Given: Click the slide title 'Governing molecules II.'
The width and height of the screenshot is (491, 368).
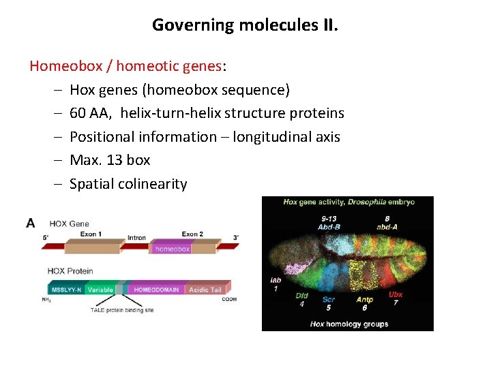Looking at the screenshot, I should (245, 25).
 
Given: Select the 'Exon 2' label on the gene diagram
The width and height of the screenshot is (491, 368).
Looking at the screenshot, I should (192, 234).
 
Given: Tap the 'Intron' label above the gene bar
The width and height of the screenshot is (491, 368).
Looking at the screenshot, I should (136, 238).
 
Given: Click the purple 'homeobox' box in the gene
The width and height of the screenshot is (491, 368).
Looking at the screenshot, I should (172, 249).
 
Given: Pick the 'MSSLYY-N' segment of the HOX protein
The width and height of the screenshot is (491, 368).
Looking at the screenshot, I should (66, 290).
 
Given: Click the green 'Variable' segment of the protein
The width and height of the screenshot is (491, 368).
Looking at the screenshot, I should (100, 290).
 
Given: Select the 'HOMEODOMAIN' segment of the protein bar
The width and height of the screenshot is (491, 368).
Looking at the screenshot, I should (156, 290).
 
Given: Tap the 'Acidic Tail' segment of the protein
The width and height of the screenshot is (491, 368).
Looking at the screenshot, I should (205, 290).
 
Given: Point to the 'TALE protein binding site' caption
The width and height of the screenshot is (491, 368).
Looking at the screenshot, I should (122, 310).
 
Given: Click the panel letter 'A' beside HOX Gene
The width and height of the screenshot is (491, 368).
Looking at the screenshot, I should (31, 223).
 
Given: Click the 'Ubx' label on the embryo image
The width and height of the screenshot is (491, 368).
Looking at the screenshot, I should (396, 294).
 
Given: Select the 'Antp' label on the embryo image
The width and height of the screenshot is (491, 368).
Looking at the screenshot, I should (364, 299).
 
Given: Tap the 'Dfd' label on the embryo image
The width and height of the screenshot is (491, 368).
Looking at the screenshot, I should (301, 296).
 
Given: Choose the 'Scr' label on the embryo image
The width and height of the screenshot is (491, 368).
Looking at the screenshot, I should (329, 299).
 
